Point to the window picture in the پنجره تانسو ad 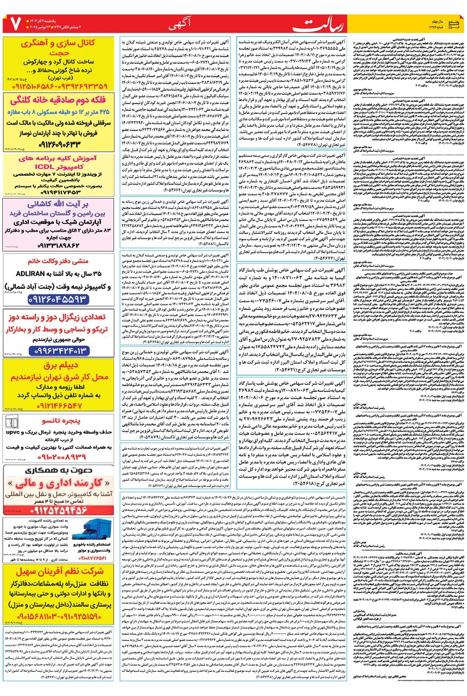(x=12, y=422)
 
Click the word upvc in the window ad (x=13, y=433)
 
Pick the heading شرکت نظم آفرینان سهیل (x=59, y=571)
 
